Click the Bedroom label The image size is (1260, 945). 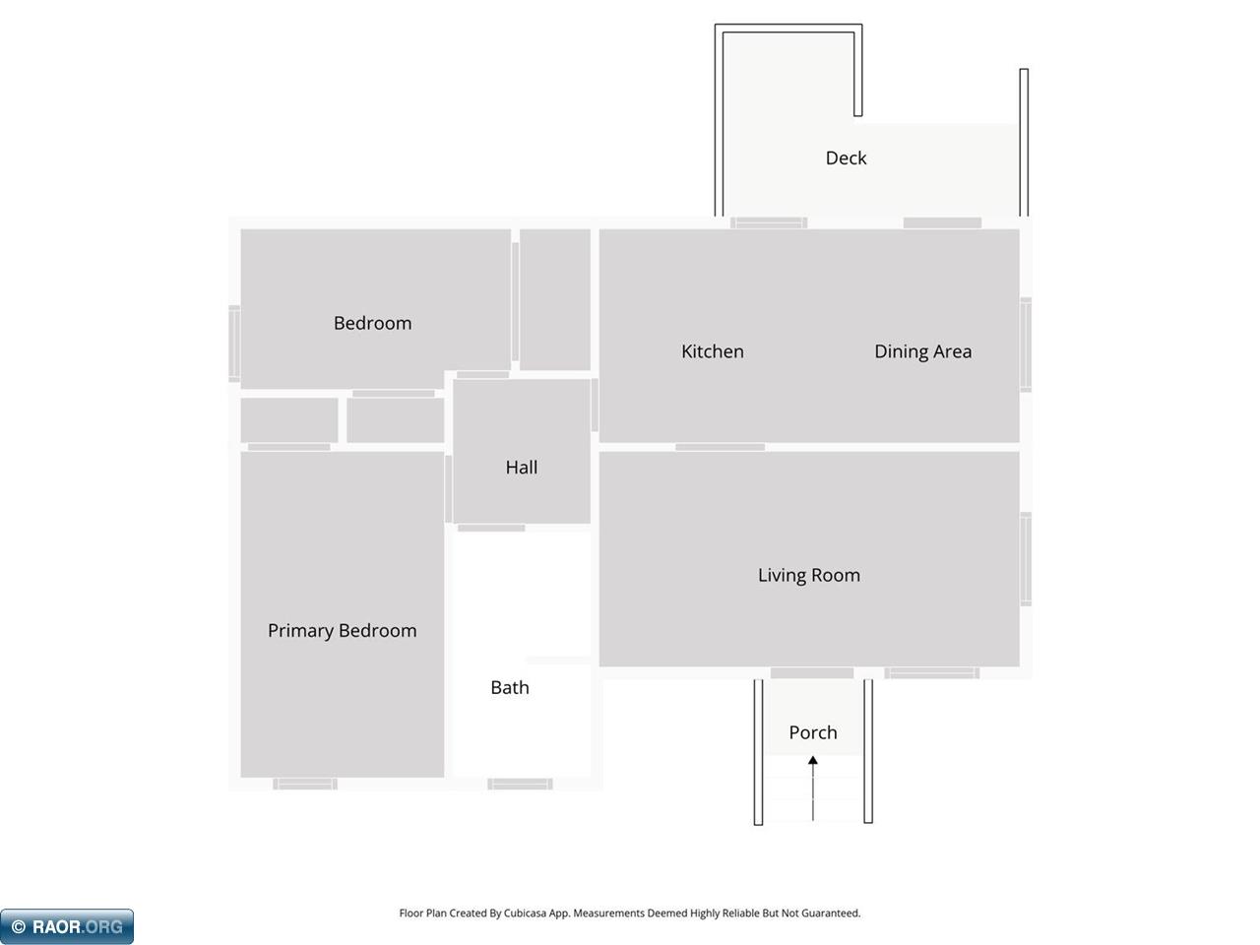pos(372,323)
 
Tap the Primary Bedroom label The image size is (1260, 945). pos(343,631)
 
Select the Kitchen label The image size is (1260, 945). pos(713,351)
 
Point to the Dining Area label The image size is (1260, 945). pos(923,351)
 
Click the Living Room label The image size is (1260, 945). pos(809,576)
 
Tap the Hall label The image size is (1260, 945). pos(522,467)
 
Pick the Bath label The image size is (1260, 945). pos(510,687)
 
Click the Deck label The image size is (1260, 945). pos(847,157)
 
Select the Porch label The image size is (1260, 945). pos(813,732)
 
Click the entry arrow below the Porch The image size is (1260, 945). pos(813,788)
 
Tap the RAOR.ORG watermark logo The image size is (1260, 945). pos(67,926)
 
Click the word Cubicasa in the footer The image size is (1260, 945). pos(525,913)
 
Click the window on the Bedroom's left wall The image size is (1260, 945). pos(234,344)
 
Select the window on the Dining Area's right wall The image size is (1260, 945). pos(1025,345)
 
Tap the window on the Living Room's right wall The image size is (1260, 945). pos(1025,559)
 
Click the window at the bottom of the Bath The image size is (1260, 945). pos(520,784)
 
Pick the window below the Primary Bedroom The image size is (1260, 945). pos(305,784)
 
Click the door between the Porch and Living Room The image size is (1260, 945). pos(812,673)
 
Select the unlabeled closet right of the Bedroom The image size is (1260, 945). pos(555,299)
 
